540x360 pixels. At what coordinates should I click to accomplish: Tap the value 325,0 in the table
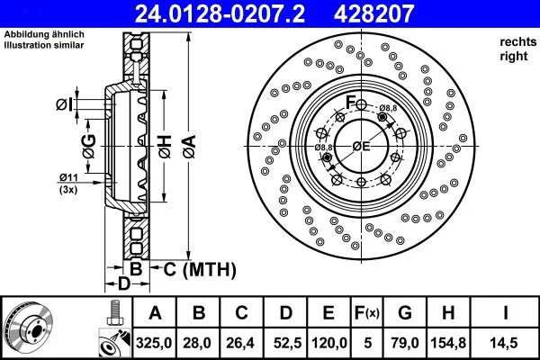[x=155, y=344]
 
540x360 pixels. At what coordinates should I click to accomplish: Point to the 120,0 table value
[x=329, y=344]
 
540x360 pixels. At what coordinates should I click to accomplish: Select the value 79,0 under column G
[x=404, y=344]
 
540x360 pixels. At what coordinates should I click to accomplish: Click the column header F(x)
[x=367, y=314]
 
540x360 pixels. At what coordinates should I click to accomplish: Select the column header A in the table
[x=155, y=314]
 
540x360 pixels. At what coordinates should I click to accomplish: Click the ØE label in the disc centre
[x=362, y=146]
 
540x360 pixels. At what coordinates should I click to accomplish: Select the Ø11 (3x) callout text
[x=69, y=184]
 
